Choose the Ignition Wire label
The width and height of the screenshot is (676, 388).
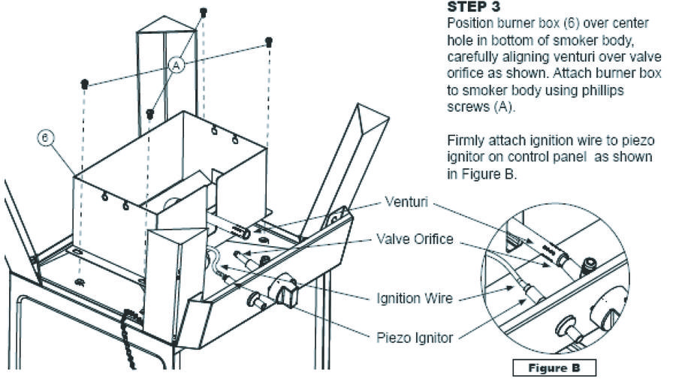click(x=414, y=298)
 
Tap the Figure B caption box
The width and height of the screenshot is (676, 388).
click(x=554, y=368)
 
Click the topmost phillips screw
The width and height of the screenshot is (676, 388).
click(x=204, y=12)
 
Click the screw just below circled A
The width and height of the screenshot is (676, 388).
click(x=150, y=114)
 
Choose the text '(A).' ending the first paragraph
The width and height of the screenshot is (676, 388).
click(x=503, y=104)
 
